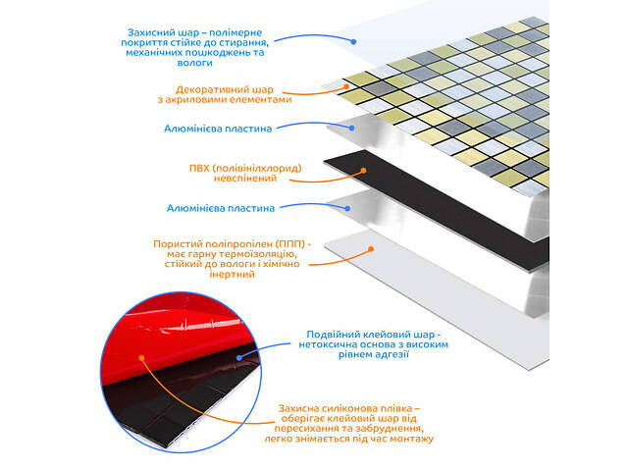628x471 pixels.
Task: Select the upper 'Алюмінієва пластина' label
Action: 218,129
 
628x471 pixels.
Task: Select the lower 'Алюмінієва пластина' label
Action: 221,208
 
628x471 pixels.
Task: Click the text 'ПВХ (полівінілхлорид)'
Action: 245,168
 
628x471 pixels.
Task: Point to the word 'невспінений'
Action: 245,179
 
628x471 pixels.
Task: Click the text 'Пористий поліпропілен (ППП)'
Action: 229,244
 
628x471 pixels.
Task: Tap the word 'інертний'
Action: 232,275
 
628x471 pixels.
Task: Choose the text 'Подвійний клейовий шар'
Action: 371,335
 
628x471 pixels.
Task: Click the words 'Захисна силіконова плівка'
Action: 344,408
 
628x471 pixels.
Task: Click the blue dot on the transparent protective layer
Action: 353,41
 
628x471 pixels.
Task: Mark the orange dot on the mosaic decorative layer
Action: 346,86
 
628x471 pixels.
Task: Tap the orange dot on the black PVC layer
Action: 363,171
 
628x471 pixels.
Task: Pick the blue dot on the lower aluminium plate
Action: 347,209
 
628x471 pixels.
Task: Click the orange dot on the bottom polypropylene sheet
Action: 371,249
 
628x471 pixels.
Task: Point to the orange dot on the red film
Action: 141,358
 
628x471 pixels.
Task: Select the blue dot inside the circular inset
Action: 239,357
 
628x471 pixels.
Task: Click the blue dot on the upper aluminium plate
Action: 351,129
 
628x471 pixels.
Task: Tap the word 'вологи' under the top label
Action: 194,63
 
